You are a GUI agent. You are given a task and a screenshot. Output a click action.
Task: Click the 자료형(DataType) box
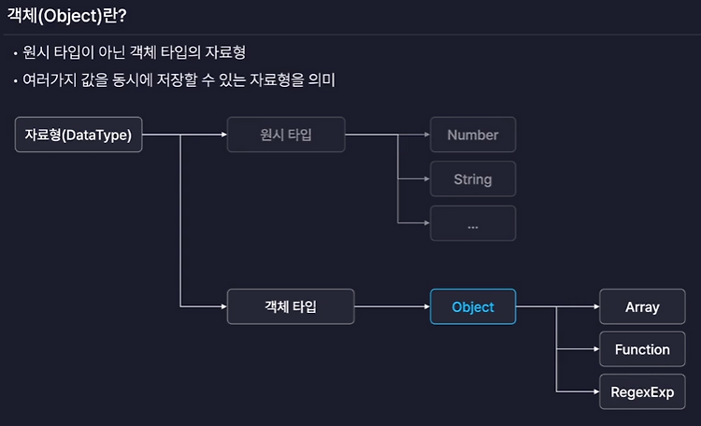pyautogui.click(x=79, y=135)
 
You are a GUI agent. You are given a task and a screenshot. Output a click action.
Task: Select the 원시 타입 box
pyautogui.click(x=286, y=135)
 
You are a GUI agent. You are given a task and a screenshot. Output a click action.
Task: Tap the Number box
pyautogui.click(x=473, y=135)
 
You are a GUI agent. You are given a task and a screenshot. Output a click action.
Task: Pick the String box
pyautogui.click(x=473, y=178)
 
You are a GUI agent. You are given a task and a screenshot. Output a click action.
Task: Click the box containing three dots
pyautogui.click(x=473, y=223)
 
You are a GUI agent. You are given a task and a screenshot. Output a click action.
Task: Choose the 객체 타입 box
pyautogui.click(x=291, y=306)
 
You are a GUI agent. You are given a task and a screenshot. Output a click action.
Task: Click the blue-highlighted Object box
pyautogui.click(x=473, y=306)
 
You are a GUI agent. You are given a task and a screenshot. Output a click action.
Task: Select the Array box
pyautogui.click(x=642, y=306)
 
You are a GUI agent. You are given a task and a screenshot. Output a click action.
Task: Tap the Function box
pyautogui.click(x=642, y=349)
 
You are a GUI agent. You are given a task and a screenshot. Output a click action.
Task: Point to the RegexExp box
pyautogui.click(x=642, y=391)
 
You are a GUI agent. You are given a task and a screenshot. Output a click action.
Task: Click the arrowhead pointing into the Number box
pyautogui.click(x=427, y=135)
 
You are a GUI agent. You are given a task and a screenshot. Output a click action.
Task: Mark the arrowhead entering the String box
pyautogui.click(x=427, y=178)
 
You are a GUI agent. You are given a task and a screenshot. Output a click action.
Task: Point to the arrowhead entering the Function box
pyautogui.click(x=596, y=349)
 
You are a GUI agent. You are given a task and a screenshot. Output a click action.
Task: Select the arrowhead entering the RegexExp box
pyautogui.click(x=596, y=391)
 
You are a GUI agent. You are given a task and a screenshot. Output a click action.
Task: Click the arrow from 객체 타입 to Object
pyautogui.click(x=392, y=306)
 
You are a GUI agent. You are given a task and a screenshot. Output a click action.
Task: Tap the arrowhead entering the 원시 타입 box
pyautogui.click(x=224, y=135)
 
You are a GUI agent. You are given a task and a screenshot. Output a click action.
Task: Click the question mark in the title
pyautogui.click(x=122, y=16)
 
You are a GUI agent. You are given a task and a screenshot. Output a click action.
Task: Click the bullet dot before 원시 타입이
pyautogui.click(x=16, y=54)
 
